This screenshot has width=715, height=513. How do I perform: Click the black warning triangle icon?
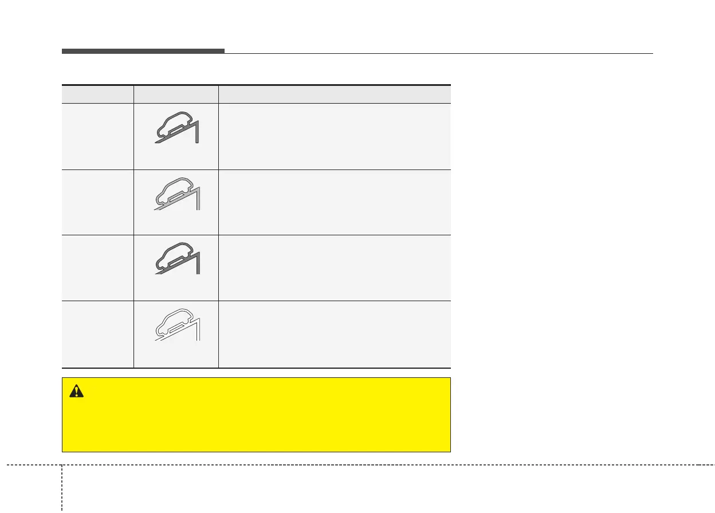click(76, 391)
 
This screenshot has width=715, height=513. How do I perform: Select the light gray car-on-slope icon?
click(176, 194)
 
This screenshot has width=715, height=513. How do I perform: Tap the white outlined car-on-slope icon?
click(176, 326)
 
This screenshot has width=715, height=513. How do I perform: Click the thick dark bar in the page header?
click(143, 52)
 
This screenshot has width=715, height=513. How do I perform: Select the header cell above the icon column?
click(176, 94)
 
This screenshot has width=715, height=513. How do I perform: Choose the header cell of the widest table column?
click(335, 94)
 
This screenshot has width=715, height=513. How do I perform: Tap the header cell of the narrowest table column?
click(97, 94)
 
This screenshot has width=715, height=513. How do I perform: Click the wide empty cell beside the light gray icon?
click(335, 202)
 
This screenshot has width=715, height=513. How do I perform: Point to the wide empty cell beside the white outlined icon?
click(335, 334)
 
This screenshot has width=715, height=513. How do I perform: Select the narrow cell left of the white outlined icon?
click(97, 334)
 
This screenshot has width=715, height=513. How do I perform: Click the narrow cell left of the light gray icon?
click(97, 202)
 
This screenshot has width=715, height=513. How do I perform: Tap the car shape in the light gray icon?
click(173, 188)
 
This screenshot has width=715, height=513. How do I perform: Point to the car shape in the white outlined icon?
click(173, 321)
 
